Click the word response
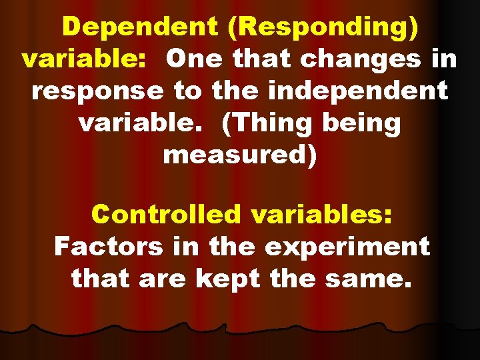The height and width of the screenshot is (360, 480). [98, 91]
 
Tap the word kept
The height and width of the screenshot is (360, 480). [226, 279]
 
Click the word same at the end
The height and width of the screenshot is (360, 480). [366, 279]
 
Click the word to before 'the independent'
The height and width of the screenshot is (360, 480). [188, 91]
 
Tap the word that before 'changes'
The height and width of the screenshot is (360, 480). [264, 59]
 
